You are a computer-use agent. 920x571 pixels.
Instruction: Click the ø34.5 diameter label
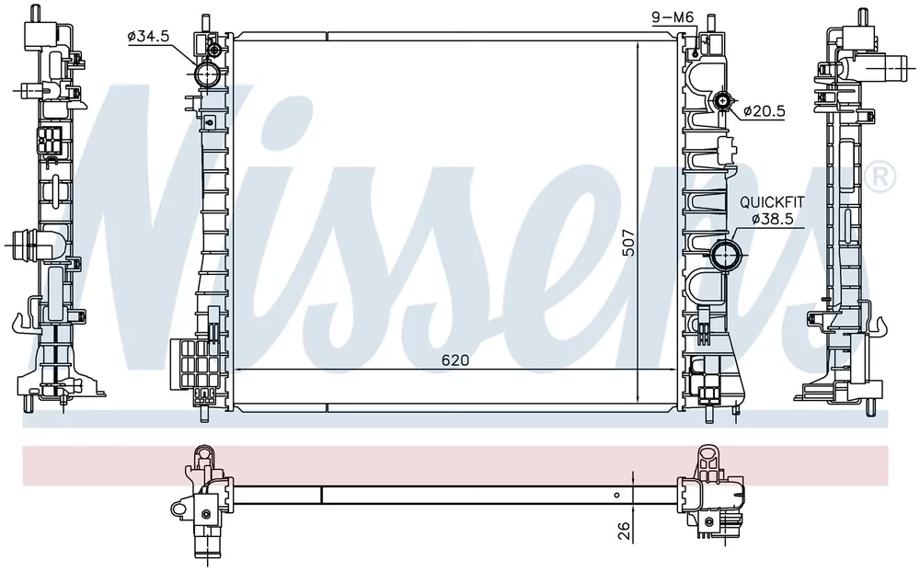pyautogui.click(x=148, y=37)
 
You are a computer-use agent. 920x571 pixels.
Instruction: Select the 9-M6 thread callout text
pyautogui.click(x=673, y=18)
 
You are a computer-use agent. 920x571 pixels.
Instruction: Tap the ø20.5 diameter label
pyautogui.click(x=764, y=111)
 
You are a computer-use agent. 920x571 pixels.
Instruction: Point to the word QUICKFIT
pyautogui.click(x=772, y=203)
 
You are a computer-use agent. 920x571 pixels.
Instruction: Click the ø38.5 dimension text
pyautogui.click(x=773, y=219)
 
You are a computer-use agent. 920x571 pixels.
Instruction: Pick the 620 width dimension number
pyautogui.click(x=455, y=360)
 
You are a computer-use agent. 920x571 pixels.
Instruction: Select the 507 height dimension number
pyautogui.click(x=628, y=242)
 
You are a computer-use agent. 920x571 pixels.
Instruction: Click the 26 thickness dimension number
pyautogui.click(x=625, y=531)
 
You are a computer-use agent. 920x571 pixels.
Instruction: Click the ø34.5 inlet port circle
pyautogui.click(x=207, y=74)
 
